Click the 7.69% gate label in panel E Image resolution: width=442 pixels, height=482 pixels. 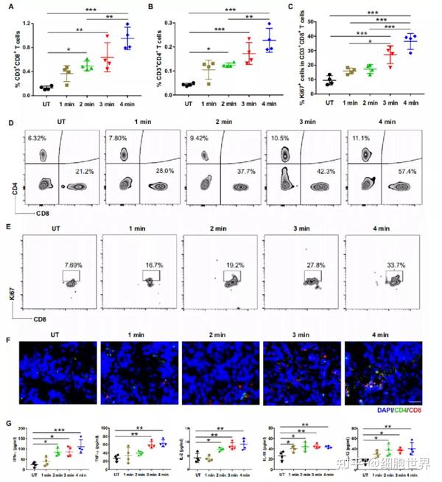[72, 265]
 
